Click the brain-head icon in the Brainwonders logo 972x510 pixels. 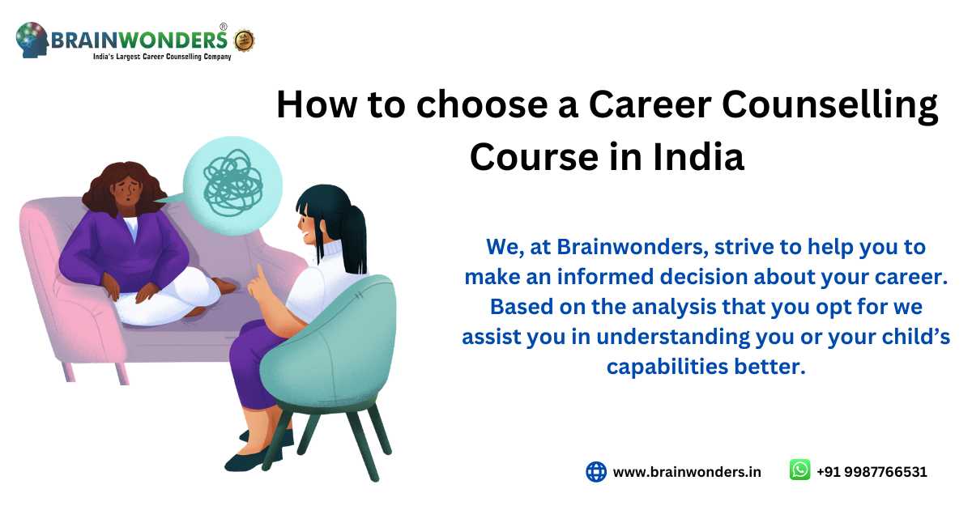coord(32,40)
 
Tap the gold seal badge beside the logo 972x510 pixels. coord(245,40)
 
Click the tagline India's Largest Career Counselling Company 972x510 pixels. coord(162,57)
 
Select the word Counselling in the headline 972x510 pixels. coord(829,105)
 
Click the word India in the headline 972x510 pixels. coord(698,157)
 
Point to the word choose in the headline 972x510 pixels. coord(482,104)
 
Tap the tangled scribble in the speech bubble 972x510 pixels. coord(233,183)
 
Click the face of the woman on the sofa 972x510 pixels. coord(126,189)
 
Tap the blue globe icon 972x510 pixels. coord(596,472)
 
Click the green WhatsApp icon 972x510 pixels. coord(799,470)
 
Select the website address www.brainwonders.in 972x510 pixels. coord(687,472)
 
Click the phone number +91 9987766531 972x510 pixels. coord(872,472)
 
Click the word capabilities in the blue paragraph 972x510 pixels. coord(667,367)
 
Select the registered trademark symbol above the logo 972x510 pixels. coord(224,27)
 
